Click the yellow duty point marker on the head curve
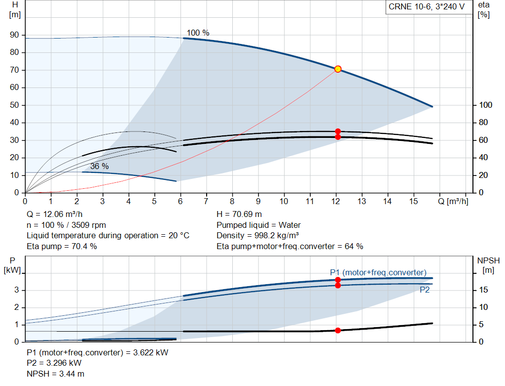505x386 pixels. click(x=338, y=69)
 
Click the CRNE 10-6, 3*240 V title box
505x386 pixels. click(x=427, y=7)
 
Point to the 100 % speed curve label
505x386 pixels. click(x=198, y=33)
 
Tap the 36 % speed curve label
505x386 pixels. click(x=100, y=166)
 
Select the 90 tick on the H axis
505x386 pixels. click(x=14, y=35)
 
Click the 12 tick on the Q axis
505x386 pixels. click(x=335, y=201)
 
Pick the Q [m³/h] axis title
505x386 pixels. click(x=453, y=201)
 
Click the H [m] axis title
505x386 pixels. click(x=15, y=10)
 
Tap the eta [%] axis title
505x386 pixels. click(x=484, y=10)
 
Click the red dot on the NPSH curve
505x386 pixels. click(x=338, y=331)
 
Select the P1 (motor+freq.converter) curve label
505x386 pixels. click(x=378, y=273)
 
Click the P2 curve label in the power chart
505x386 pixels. click(x=425, y=290)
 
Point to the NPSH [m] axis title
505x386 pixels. click(x=488, y=265)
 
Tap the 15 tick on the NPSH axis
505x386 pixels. click(x=483, y=290)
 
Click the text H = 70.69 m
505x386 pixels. click(x=239, y=214)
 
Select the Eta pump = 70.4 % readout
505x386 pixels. click(x=62, y=247)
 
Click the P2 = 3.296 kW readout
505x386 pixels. click(x=54, y=363)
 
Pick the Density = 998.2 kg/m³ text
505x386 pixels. click(x=257, y=236)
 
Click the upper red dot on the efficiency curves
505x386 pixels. click(x=338, y=131)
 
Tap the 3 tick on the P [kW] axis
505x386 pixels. click(x=16, y=290)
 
